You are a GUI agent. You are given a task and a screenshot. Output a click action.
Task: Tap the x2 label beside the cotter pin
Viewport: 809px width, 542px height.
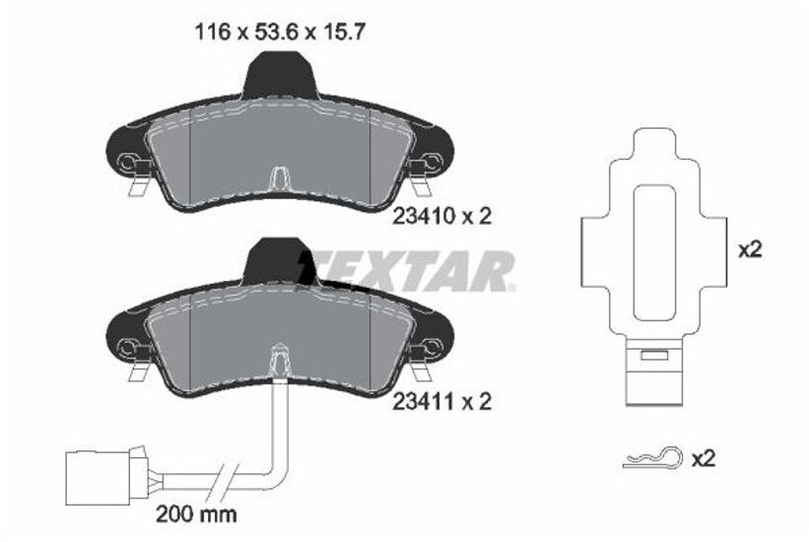point(703,457)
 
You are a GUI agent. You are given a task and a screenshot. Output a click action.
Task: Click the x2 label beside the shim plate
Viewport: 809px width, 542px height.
point(751,251)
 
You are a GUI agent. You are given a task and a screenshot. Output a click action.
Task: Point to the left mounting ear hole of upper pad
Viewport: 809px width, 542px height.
point(126,162)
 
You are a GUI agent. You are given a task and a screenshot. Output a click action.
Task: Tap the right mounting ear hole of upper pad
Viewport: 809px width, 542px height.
point(431,162)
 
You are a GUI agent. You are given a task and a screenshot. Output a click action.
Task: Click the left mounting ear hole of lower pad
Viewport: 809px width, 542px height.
point(126,346)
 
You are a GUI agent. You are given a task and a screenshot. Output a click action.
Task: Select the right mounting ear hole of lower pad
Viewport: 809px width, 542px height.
point(431,346)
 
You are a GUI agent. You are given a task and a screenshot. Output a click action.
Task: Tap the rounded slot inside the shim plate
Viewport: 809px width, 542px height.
point(651,252)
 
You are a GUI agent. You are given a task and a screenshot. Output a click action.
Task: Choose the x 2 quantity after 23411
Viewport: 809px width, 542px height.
point(472,402)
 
